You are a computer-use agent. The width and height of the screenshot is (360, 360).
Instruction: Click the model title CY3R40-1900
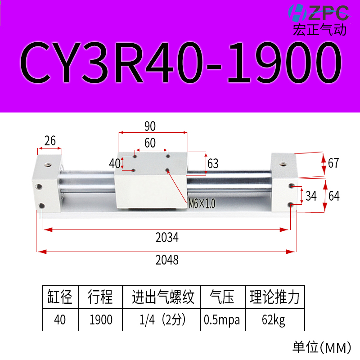tap(180, 63)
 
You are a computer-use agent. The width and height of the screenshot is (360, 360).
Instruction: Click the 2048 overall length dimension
tap(167, 260)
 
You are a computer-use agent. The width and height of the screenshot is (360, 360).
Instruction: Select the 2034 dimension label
tap(167, 237)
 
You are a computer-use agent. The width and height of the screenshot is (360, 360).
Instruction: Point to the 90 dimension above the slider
tap(150, 126)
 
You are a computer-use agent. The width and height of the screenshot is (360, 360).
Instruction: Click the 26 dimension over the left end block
tap(50, 141)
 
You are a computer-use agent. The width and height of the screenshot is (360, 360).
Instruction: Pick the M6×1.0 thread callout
tap(201, 204)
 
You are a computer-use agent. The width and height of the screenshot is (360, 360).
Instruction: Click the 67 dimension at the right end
tap(333, 163)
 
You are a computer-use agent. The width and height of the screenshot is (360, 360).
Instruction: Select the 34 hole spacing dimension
tap(310, 196)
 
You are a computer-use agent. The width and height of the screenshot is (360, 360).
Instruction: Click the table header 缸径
tap(60, 297)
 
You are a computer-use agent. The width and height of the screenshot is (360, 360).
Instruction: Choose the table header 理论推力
tap(274, 297)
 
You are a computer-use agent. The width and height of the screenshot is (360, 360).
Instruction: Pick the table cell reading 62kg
tap(274, 320)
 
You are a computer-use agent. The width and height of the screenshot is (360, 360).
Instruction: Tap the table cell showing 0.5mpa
tap(222, 320)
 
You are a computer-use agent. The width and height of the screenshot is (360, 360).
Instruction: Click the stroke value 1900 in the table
tap(100, 320)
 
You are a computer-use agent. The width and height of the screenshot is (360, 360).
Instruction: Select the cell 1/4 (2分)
tap(161, 320)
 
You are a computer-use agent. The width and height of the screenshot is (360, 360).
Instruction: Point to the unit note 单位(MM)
tap(321, 347)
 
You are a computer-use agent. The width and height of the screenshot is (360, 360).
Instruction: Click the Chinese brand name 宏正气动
tap(319, 30)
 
